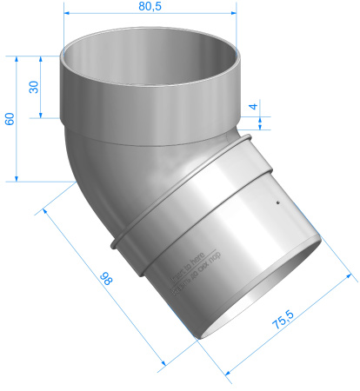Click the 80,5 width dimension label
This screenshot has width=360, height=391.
point(151,7)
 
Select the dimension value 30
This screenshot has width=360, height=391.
point(34,88)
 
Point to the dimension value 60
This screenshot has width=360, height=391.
point(10,118)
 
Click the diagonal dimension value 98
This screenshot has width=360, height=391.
point(105,279)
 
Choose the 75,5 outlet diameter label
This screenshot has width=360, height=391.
point(281,324)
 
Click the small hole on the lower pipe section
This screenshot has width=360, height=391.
point(277,206)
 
